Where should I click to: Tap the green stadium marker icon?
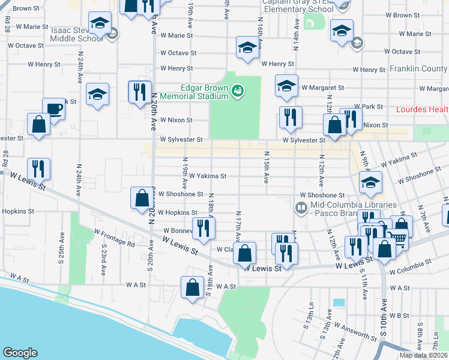238,89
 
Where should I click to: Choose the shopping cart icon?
398,238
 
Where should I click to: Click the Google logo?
20,353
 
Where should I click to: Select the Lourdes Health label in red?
423,110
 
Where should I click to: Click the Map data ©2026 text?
423,355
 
